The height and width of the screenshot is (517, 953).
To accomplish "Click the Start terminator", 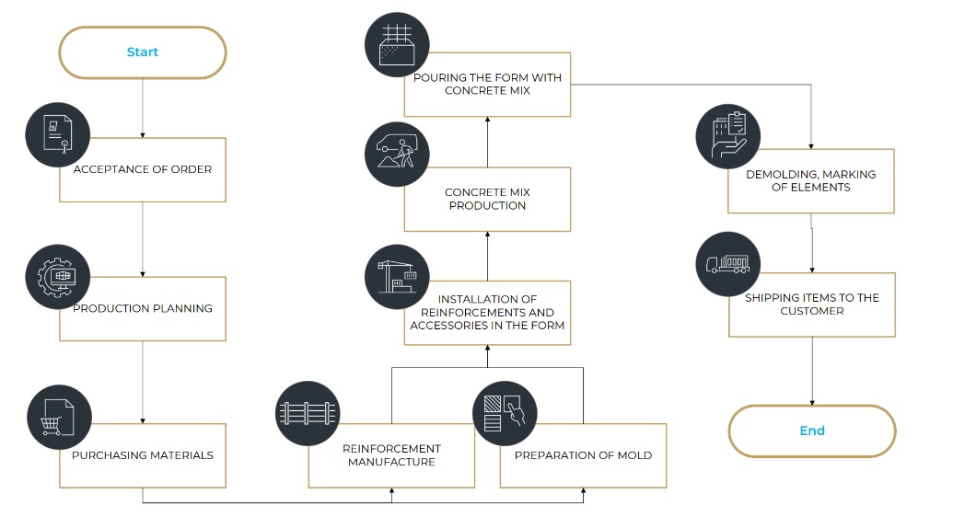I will pos(143,52).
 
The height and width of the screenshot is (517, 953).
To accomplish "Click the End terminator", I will pos(811,431).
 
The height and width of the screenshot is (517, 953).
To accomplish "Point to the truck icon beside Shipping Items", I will pos(727,264).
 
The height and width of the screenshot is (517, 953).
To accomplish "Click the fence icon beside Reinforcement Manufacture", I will pos(308,412).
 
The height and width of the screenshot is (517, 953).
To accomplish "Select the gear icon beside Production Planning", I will pos(59,275).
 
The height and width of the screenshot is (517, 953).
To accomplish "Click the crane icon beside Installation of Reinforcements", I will pos(397,276).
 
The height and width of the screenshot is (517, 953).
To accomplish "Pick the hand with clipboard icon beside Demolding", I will pos(727,136).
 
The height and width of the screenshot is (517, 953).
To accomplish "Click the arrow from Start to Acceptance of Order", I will pos(143,108).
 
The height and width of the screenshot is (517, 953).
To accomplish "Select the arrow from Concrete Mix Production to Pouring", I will pos(486,142).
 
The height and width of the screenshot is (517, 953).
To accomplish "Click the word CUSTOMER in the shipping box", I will pos(811,311).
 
